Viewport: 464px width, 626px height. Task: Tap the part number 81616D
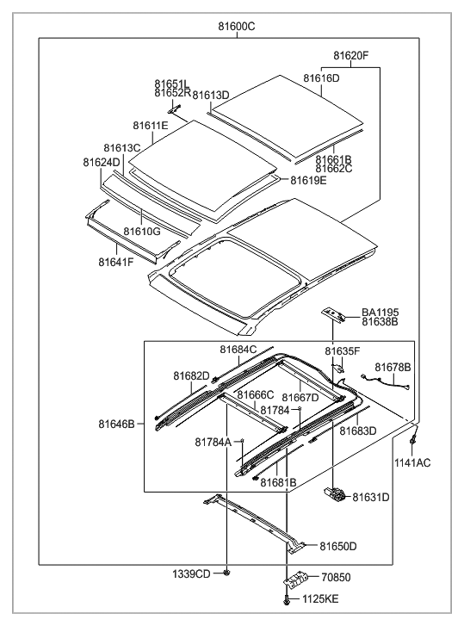[x=321, y=78]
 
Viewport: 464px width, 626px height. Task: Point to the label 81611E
[x=151, y=126]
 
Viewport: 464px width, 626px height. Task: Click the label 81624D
[x=102, y=162]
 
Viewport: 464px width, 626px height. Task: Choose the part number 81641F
[x=115, y=262]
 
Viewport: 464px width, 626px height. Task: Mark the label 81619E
[x=308, y=181]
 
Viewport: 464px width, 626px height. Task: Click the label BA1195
[x=380, y=312]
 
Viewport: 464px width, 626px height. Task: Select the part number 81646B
[x=116, y=424]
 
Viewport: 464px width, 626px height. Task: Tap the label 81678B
[x=393, y=367]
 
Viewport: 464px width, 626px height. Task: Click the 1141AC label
[x=413, y=463]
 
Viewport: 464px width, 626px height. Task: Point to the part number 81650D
[x=338, y=546]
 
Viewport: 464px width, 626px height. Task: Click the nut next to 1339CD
[x=226, y=572]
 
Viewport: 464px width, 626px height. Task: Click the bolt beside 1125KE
[x=286, y=599]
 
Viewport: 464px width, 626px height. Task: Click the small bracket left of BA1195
[x=334, y=313]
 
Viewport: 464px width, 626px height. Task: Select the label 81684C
[x=238, y=349]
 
